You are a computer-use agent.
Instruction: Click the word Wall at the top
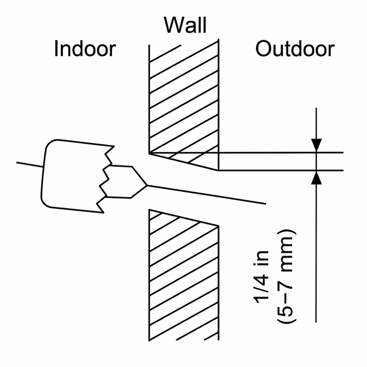tap(186, 25)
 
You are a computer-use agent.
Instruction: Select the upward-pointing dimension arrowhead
tap(316, 178)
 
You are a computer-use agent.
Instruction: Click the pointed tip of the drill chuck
tap(147, 185)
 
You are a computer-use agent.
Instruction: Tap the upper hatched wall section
tap(183, 104)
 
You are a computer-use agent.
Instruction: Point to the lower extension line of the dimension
tap(281, 170)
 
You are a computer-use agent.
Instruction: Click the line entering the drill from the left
tap(30, 165)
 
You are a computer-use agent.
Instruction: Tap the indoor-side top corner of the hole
tap(149, 153)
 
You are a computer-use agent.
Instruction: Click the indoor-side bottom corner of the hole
tap(149, 210)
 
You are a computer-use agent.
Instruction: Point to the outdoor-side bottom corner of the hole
tap(219, 226)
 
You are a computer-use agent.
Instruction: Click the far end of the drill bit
tap(265, 204)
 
